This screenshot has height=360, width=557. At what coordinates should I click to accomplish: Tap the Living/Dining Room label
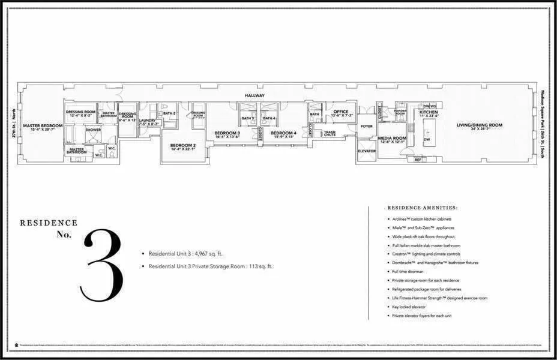479,125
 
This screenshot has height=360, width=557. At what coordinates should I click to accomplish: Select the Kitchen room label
429,112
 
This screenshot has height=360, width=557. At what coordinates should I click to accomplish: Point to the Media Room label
393,138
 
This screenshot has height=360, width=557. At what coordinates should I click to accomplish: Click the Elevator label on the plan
367,151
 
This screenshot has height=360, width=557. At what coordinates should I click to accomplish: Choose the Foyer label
366,126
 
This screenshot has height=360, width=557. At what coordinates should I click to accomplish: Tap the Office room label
341,111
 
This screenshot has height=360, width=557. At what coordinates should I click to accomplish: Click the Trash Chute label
329,134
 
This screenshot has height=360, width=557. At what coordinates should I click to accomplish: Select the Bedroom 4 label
283,133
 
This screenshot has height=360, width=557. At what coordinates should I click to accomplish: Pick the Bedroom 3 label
227,133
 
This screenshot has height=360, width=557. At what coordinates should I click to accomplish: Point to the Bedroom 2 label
182,145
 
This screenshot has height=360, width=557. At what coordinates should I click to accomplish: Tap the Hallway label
254,95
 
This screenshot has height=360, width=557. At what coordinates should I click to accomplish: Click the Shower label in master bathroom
93,129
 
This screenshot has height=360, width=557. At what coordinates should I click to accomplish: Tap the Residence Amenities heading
423,208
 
